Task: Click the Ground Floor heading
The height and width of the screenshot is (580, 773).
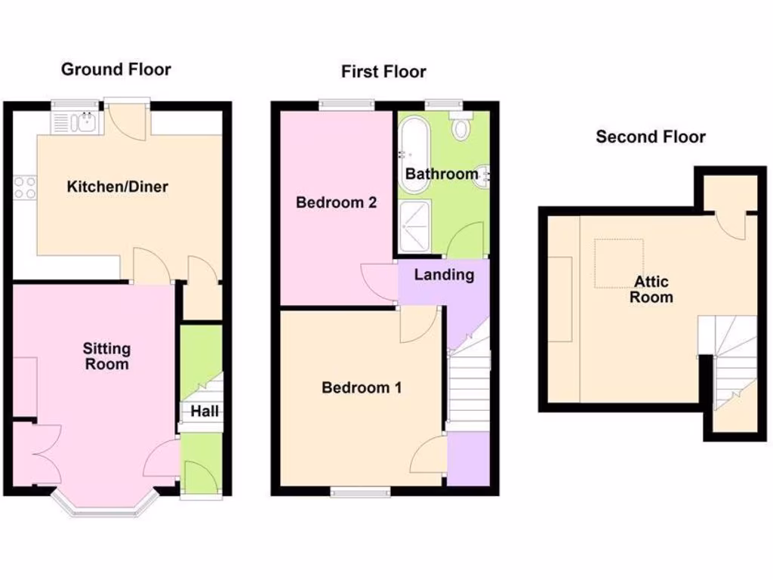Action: pos(115,69)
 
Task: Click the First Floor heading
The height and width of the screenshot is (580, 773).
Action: pos(383,72)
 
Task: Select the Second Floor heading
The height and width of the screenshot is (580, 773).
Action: pos(650,137)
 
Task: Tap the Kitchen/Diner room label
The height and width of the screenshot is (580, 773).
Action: pos(117,187)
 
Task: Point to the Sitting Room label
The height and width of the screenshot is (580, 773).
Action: pos(106,356)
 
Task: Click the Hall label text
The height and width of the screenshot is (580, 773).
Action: pos(205,412)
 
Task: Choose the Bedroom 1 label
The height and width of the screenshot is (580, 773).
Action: pos(361,388)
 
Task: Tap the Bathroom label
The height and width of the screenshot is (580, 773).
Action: pos(442,174)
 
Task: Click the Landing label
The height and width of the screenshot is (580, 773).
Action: pos(444,275)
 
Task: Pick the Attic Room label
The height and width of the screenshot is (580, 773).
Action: pos(651,289)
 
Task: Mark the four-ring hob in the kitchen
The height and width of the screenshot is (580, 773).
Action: pos(25,187)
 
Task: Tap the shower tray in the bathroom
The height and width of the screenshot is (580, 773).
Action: pos(413,224)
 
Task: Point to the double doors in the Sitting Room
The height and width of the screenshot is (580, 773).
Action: pos(38,453)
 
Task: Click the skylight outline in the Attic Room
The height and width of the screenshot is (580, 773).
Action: pos(619,264)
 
